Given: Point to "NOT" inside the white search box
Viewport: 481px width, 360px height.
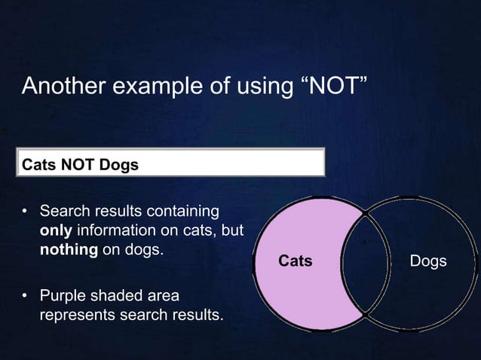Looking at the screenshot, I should coord(76,163).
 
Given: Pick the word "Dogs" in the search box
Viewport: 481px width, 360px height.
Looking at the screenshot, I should coord(117,163).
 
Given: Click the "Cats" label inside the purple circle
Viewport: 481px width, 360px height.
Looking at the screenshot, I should coord(296,261).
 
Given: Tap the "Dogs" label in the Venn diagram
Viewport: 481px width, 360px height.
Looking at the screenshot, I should coord(427,261).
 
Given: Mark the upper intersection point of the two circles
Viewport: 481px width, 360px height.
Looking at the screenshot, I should coord(366,214).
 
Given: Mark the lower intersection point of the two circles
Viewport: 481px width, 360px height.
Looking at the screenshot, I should coord(366,312).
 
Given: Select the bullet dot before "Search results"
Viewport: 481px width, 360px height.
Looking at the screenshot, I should coord(25,211).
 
